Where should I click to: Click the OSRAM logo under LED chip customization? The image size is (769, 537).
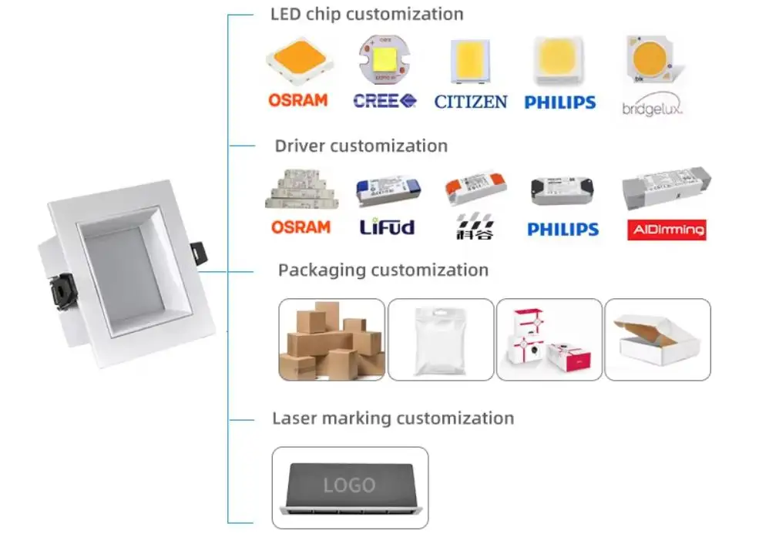click(297, 100)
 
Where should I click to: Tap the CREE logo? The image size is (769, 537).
click(385, 100)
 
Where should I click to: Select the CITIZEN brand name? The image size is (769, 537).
click(470, 102)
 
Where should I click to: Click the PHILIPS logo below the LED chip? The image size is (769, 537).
click(560, 102)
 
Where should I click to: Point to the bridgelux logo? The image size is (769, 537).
click(652, 106)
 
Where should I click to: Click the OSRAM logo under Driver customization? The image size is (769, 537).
click(301, 227)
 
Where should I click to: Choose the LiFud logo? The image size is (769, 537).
click(387, 227)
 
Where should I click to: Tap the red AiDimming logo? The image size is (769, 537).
click(667, 230)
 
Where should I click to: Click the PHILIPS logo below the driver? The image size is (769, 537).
click(563, 229)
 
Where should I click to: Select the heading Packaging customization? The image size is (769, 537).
click(383, 270)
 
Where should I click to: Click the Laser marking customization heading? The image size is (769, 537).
click(393, 418)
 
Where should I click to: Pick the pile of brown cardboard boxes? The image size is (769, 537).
click(331, 340)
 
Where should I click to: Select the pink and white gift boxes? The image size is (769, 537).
click(549, 340)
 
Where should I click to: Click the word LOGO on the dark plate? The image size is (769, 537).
click(349, 485)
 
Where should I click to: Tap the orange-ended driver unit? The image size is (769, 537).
click(475, 187)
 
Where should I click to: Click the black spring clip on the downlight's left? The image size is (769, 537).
click(62, 291)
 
